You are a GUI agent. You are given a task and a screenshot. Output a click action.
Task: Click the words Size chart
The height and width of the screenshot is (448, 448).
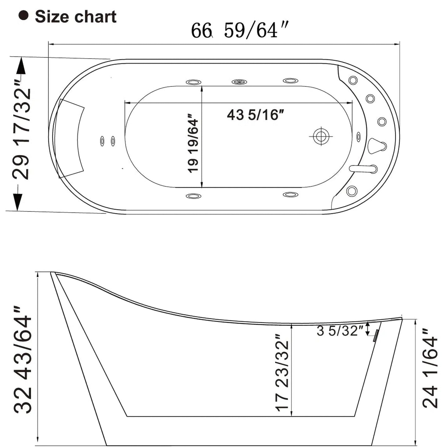click(75, 17)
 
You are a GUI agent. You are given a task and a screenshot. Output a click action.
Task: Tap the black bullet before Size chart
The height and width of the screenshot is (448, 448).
click(23, 16)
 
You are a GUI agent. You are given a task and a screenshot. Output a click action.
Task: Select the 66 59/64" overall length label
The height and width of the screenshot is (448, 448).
click(239, 30)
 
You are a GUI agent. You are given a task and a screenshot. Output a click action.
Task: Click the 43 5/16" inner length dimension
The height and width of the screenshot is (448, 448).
click(255, 115)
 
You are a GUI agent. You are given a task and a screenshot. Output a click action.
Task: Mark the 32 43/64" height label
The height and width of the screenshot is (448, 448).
click(23, 360)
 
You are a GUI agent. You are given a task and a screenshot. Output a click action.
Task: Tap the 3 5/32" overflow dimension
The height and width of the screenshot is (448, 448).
click(340, 331)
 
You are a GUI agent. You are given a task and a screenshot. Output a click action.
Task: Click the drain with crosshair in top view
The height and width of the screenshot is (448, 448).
click(321, 136)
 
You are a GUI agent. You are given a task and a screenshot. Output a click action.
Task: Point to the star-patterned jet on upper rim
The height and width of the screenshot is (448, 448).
click(239, 82)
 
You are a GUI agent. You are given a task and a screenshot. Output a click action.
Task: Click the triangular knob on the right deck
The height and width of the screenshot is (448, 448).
click(376, 146)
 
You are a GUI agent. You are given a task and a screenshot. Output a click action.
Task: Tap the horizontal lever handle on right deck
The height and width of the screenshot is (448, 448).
click(363, 169)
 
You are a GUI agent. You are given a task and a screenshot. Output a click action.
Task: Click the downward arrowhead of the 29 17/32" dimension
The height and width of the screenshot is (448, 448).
click(17, 202)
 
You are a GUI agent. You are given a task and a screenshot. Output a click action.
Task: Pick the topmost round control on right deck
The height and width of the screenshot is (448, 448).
click(353, 80)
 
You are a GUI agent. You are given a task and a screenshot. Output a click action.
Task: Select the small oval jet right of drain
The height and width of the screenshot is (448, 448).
click(359, 136)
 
